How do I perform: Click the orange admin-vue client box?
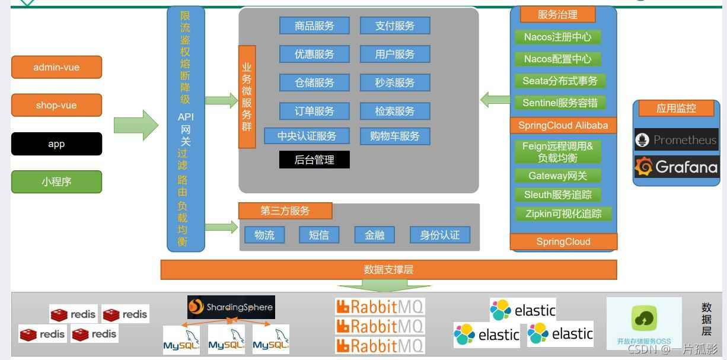(x=56, y=67)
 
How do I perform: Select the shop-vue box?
(x=56, y=106)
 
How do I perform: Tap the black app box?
(x=56, y=144)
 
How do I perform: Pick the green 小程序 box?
(x=56, y=182)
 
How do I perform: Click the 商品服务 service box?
(x=314, y=26)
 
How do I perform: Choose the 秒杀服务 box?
(x=395, y=82)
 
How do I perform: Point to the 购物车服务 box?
(x=395, y=136)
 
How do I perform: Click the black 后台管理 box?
(x=314, y=160)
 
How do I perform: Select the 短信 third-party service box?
(x=319, y=235)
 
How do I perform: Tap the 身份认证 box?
(x=440, y=235)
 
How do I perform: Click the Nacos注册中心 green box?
(x=557, y=37)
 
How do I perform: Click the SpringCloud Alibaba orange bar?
(x=563, y=125)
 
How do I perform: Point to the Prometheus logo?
(x=677, y=140)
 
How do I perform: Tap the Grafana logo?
(x=677, y=167)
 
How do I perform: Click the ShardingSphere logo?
(x=231, y=307)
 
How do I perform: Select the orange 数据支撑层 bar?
(x=388, y=269)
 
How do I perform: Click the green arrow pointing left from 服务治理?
(x=495, y=100)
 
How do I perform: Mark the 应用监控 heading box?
(x=676, y=109)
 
